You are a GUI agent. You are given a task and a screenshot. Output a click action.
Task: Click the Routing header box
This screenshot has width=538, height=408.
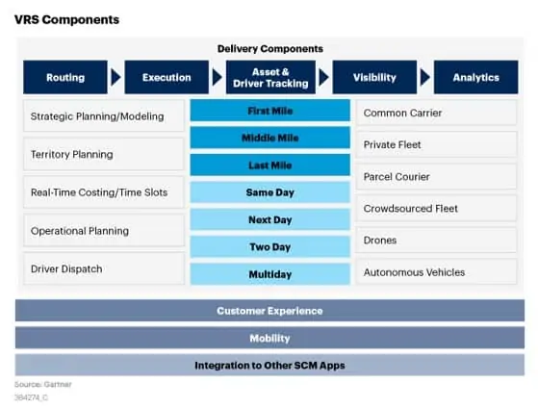pyautogui.click(x=65, y=77)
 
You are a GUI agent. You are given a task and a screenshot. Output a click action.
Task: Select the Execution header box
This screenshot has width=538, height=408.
pyautogui.click(x=167, y=77)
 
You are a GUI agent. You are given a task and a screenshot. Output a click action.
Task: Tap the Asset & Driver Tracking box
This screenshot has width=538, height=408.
pyautogui.click(x=270, y=77)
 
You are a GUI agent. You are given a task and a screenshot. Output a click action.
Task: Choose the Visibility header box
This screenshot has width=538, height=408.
pyautogui.click(x=374, y=77)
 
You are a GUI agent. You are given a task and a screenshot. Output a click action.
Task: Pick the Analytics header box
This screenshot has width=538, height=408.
pyautogui.click(x=475, y=77)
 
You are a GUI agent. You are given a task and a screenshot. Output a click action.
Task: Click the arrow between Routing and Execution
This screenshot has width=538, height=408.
pyautogui.click(x=115, y=77)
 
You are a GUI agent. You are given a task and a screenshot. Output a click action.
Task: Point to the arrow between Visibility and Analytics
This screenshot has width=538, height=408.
pyautogui.click(x=424, y=77)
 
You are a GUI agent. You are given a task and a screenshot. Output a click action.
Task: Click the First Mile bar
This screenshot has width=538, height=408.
pyautogui.click(x=270, y=111)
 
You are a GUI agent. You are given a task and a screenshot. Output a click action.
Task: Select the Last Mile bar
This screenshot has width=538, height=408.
pyautogui.click(x=270, y=166)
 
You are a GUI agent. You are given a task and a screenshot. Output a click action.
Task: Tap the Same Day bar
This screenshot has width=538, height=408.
pyautogui.click(x=270, y=192)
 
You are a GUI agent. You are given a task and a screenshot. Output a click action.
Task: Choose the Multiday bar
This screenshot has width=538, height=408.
pyautogui.click(x=270, y=274)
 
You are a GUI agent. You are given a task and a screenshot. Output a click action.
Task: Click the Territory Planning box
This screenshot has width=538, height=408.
pyautogui.click(x=104, y=154)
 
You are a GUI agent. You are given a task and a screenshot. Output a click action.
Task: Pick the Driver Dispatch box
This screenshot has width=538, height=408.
pyautogui.click(x=104, y=268)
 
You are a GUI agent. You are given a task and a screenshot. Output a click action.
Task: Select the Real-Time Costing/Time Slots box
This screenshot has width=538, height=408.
pyautogui.click(x=104, y=192)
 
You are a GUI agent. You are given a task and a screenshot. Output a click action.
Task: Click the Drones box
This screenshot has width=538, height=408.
pyautogui.click(x=436, y=241)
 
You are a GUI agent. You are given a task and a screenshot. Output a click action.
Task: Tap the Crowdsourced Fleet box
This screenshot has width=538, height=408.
pyautogui.click(x=436, y=208)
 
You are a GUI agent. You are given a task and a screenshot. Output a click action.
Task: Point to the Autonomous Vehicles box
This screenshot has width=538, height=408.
pyautogui.click(x=436, y=272)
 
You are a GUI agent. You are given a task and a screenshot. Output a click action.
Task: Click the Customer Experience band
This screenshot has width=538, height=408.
pyautogui.click(x=269, y=311)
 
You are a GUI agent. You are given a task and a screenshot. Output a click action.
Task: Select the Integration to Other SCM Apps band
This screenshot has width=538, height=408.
pyautogui.click(x=269, y=365)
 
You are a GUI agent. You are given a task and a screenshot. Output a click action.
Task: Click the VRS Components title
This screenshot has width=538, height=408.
pyautogui.click(x=67, y=19)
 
